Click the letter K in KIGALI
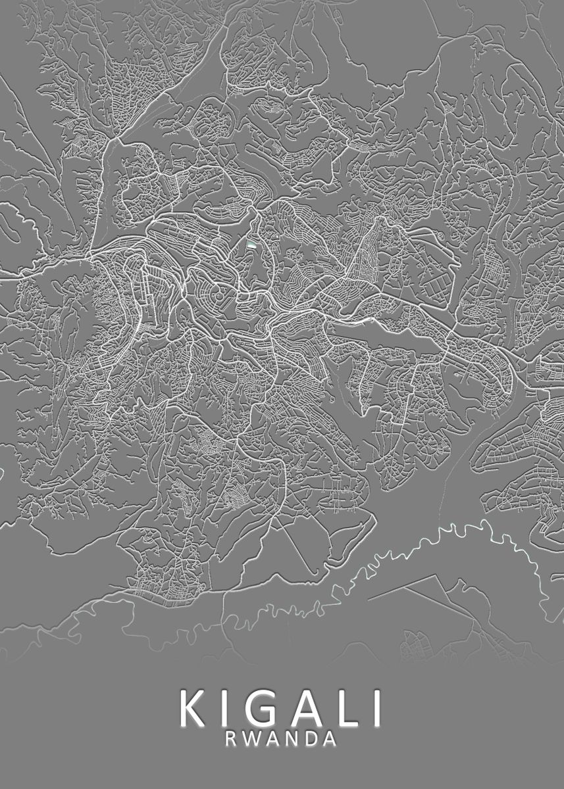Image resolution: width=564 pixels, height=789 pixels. [192, 708]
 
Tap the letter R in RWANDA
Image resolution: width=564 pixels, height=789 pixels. [232, 738]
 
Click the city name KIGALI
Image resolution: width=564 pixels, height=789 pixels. [282, 708]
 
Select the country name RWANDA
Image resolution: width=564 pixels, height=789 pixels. [282, 738]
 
